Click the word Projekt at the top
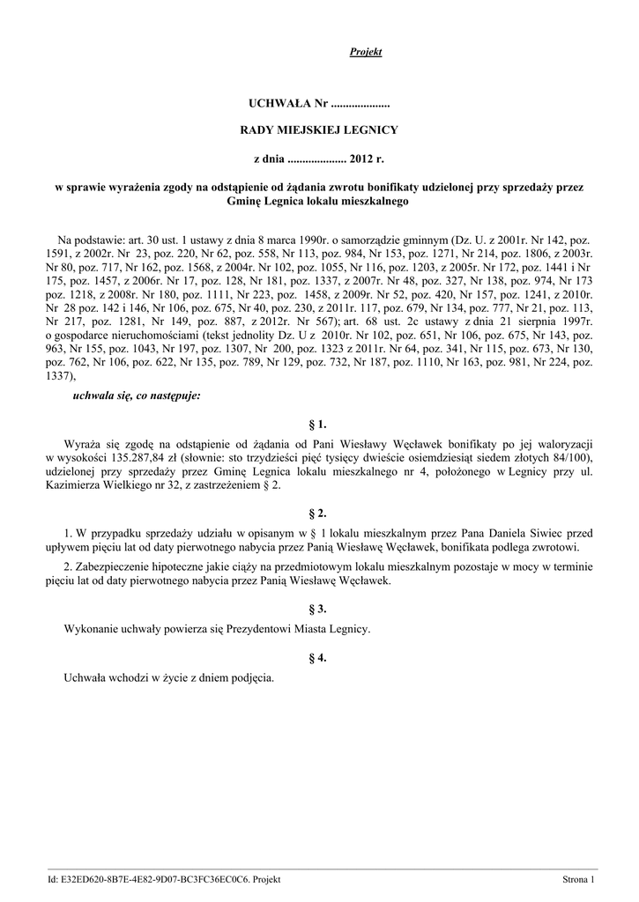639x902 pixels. tap(365, 53)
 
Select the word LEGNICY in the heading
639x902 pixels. tap(371, 130)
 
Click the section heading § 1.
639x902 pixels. tap(318, 424)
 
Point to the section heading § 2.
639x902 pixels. tap(318, 513)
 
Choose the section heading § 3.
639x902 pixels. tap(318, 609)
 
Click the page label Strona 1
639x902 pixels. tap(579, 879)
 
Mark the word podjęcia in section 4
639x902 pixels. tap(254, 678)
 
